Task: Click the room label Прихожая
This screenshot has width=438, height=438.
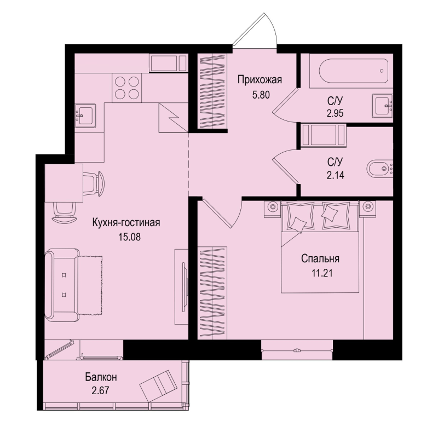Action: point(260,80)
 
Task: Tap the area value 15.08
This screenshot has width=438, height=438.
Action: point(129,237)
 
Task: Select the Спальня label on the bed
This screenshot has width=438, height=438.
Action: point(320,258)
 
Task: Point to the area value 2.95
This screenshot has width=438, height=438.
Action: point(335,113)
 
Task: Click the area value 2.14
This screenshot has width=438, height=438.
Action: point(335,175)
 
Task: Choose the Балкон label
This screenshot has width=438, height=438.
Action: point(101,377)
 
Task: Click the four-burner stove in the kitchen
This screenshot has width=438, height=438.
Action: point(127,88)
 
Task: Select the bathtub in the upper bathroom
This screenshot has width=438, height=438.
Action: point(353,71)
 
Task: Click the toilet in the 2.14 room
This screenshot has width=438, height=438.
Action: point(379,169)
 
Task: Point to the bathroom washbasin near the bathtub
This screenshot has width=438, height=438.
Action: point(382,106)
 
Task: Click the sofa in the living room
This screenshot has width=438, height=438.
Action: point(62,285)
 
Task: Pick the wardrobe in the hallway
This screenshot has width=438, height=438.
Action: point(212,91)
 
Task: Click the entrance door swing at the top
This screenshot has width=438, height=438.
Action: point(255,29)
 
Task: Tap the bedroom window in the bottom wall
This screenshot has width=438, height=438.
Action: point(297,350)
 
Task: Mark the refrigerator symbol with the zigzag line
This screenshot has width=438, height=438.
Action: point(173,117)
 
